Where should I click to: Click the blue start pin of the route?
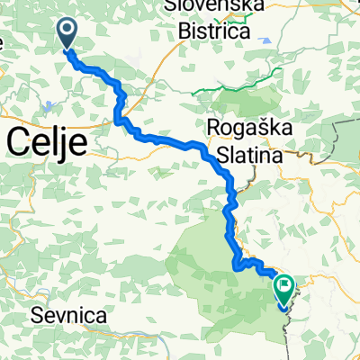pyautogui.click(x=67, y=35)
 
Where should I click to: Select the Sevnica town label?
pyautogui.click(x=68, y=316)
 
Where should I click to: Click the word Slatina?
pyautogui.click(x=247, y=155)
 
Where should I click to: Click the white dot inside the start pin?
pyautogui.click(x=67, y=31)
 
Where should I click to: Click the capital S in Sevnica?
pyautogui.click(x=36, y=316)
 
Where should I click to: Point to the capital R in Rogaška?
pyautogui.click(x=215, y=128)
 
